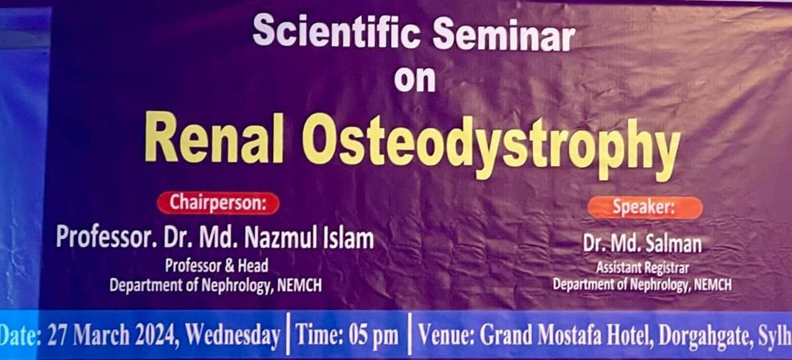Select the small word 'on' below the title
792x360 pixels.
tap(415, 78)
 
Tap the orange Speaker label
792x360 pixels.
tap(644, 208)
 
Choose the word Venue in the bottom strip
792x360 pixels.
tap(446, 336)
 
